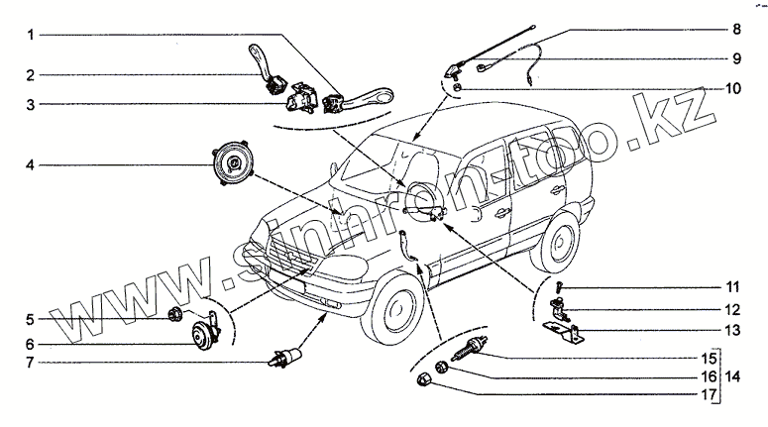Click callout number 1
[x=31, y=35]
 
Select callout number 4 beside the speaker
[x=31, y=165]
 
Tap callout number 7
[x=31, y=363]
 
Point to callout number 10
[x=733, y=88]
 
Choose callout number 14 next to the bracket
[x=733, y=376]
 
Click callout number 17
[x=710, y=394]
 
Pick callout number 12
[x=733, y=309]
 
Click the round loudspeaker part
[x=232, y=164]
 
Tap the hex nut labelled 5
[x=174, y=314]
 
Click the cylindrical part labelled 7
[x=285, y=357]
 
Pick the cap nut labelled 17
[x=422, y=379]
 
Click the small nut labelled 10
[x=457, y=87]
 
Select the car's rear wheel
[x=559, y=243]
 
